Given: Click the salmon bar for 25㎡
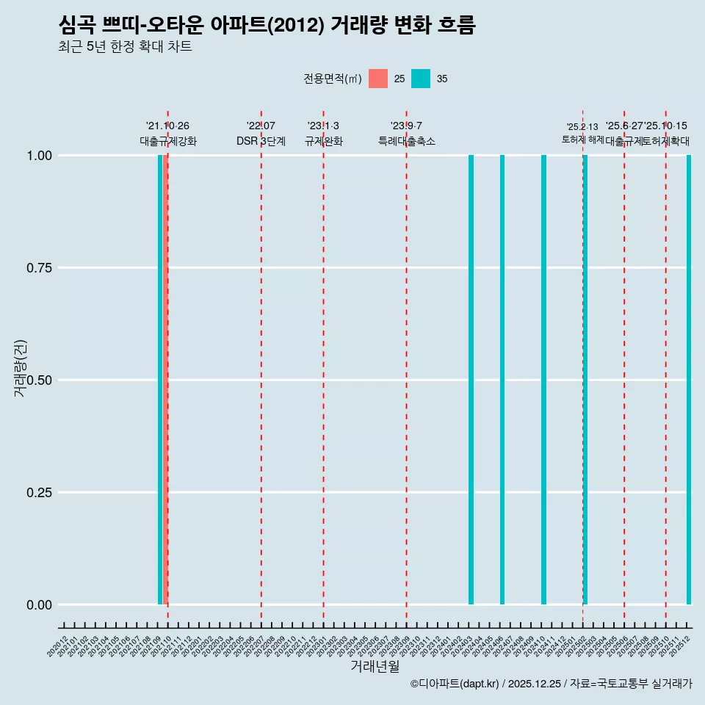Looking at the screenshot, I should pos(165,380).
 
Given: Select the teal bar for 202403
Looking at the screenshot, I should pos(471,380).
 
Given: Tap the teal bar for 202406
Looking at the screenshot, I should pos(502,380).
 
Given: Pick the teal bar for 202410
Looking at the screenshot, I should pos(543,380).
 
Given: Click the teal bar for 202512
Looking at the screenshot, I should pos(689,380).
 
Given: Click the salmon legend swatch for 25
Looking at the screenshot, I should pos(378,79).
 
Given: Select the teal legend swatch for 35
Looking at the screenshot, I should pos(421,79).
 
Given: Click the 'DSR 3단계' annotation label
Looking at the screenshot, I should pos(261,141).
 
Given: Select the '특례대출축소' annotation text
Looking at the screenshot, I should pos(407,141).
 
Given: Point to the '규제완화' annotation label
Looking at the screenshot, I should pos(323,141).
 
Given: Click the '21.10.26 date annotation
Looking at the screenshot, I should pos(167,126).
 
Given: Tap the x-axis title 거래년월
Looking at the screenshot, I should pos(375,667).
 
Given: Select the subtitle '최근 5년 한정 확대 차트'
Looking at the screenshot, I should pos(125,47).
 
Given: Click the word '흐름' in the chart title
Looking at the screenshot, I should pos(456,25).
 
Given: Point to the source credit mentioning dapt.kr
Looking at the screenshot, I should pos(551,684).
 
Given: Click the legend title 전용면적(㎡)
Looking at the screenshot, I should pos(332,79).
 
